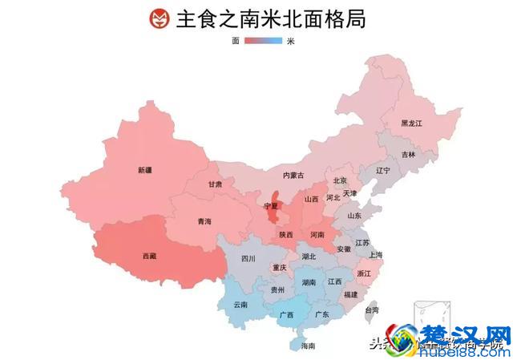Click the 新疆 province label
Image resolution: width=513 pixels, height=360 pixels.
(145, 170)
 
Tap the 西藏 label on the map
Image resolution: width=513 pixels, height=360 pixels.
(150, 257)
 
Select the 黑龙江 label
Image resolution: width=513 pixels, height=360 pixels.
(411, 123)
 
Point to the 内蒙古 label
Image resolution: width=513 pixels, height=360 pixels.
(293, 175)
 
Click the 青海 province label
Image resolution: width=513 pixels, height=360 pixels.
(204, 221)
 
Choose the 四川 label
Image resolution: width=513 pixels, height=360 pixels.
(248, 259)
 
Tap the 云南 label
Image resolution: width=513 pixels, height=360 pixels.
(240, 305)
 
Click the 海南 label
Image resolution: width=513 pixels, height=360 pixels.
(308, 346)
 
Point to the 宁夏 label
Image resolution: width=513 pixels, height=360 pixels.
(271, 207)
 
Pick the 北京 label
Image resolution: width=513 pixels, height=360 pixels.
(340, 180)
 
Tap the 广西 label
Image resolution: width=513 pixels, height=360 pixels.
(285, 315)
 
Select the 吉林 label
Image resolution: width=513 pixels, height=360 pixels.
(409, 154)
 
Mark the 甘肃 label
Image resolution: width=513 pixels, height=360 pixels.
(215, 184)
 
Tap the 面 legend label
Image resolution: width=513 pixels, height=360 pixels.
(236, 40)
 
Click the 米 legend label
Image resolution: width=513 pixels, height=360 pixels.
(290, 40)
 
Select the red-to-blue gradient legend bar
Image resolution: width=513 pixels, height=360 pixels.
(263, 40)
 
